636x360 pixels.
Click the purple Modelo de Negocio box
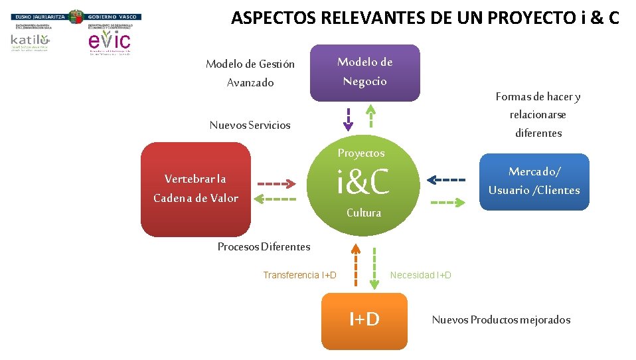(364, 72)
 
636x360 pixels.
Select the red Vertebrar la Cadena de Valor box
(196, 189)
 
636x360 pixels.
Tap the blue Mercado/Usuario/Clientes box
(534, 181)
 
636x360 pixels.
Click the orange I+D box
(364, 320)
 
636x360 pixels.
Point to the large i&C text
(362, 182)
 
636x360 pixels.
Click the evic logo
(110, 41)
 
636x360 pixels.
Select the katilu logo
(30, 41)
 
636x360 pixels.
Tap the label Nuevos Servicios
(250, 126)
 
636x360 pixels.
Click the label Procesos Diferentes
(264, 247)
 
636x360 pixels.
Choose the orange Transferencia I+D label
(299, 275)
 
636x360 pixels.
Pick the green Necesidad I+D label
(420, 275)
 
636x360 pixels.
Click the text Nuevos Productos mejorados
(501, 320)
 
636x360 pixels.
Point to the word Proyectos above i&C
(360, 153)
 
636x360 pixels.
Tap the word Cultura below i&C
(364, 213)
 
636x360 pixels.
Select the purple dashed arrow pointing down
(349, 120)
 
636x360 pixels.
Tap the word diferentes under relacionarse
(538, 134)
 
